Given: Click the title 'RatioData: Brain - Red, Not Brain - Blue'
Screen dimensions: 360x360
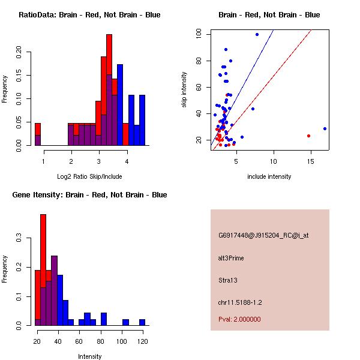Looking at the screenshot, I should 89,15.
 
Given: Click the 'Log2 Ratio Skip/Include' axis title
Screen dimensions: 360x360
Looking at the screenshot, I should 89,176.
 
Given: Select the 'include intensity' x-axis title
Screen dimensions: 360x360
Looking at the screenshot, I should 269,176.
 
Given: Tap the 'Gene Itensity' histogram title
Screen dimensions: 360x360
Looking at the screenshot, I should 89,195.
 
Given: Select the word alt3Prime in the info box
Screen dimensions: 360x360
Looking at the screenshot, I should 231,258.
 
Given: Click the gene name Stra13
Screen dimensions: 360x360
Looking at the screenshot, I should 228,280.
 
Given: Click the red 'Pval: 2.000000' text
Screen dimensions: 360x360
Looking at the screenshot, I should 239,319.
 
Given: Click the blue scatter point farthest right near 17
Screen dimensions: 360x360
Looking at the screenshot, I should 325,128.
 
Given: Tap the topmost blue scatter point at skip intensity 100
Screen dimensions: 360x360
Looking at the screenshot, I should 257,34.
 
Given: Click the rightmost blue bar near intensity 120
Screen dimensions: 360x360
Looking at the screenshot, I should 142,322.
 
